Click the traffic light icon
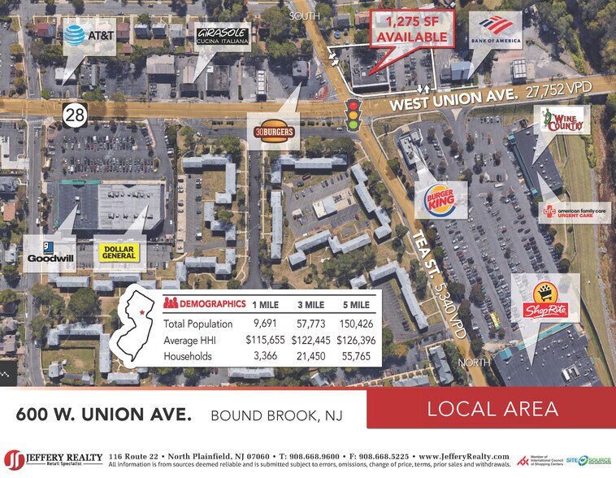(x=352, y=114)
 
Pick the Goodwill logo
(x=50, y=253)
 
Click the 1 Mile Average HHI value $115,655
(x=265, y=340)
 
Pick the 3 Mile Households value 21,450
(x=312, y=356)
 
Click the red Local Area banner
(x=490, y=408)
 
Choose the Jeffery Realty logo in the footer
(x=53, y=459)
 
